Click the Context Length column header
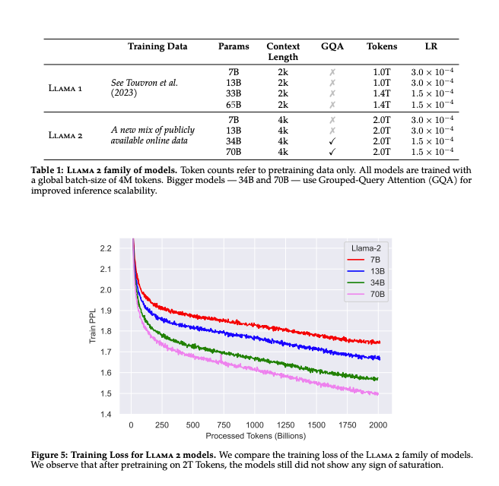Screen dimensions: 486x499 283,52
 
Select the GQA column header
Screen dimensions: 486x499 332,46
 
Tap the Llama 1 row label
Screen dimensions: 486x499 65,87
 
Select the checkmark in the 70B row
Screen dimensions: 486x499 332,152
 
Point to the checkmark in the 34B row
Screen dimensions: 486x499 332,141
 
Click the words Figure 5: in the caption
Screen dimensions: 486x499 56,454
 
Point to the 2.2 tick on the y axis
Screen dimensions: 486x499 105,248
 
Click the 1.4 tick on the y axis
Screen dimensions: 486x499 105,414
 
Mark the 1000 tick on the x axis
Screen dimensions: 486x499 254,424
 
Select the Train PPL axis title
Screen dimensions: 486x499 92,331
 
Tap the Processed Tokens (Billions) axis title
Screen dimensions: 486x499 256,436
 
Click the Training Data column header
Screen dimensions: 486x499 157,46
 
